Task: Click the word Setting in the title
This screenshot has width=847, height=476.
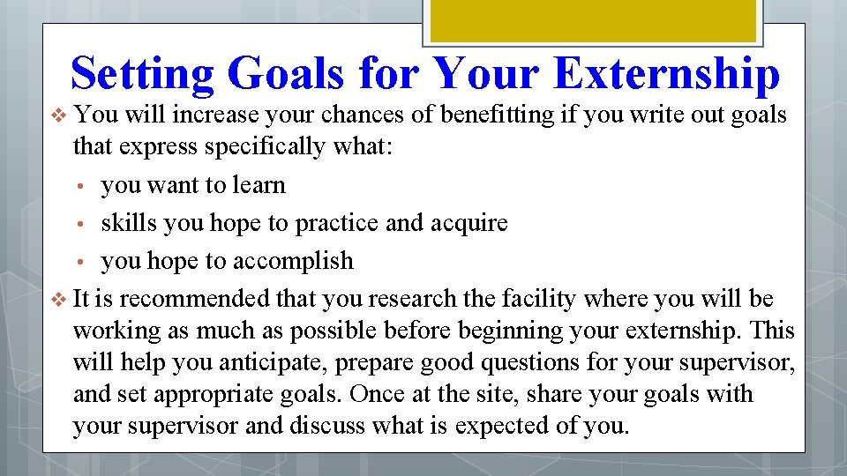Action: [142, 74]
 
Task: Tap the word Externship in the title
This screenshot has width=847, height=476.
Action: [666, 74]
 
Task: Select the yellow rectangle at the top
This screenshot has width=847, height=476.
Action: [592, 19]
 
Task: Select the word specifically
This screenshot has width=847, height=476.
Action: [264, 147]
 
